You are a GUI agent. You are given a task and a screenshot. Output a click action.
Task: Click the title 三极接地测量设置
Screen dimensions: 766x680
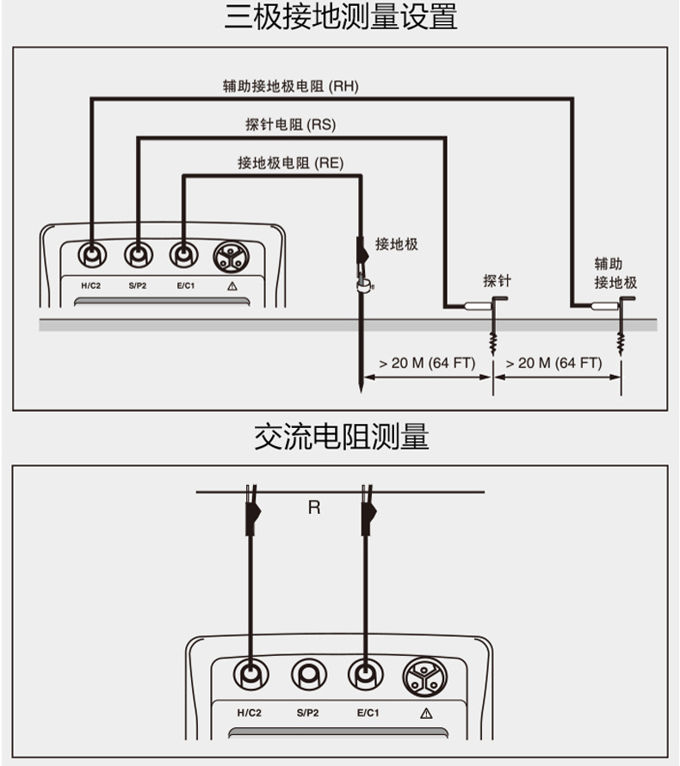341,17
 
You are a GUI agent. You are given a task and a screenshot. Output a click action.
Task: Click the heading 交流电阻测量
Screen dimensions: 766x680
341,437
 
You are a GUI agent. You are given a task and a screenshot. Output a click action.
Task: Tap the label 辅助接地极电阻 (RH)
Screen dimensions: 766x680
290,85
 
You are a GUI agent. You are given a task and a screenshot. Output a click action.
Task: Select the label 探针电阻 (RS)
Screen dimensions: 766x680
290,125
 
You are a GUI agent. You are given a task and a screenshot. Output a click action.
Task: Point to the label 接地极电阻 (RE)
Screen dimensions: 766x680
290,162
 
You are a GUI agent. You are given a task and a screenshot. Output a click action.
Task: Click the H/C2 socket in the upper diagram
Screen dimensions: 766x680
90,254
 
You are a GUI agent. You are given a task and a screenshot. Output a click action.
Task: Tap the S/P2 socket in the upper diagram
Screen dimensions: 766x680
136,254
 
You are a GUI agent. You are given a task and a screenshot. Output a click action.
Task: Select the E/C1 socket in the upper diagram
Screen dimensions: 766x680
182,254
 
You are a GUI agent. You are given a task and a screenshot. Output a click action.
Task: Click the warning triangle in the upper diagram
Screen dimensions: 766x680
232,285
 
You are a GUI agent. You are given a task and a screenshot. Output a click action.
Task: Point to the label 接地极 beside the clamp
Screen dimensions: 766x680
397,244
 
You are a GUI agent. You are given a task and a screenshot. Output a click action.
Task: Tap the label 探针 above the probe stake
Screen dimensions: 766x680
497,280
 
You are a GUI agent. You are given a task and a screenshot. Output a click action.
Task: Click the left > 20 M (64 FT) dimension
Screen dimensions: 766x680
427,363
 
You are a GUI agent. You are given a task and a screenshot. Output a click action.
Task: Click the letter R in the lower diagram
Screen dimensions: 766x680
314,507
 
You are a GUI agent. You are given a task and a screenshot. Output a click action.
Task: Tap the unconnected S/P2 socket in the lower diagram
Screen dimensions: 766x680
308,675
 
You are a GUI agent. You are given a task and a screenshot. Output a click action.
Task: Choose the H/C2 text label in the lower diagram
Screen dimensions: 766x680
249,713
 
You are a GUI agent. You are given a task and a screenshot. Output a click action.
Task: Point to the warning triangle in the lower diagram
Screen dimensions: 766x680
426,713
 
